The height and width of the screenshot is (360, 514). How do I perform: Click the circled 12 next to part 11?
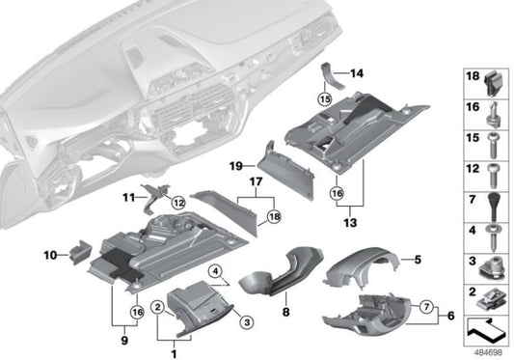[177, 202]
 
